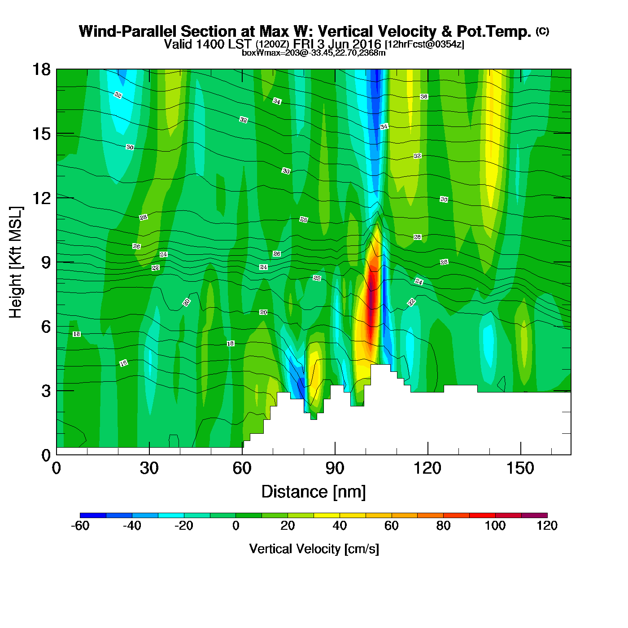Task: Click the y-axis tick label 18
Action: tap(41, 70)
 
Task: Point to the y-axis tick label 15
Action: tap(41, 134)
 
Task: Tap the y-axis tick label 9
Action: tap(46, 262)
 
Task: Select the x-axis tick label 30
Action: tap(149, 468)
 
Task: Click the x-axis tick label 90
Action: tap(335, 468)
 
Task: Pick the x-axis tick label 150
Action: tap(520, 468)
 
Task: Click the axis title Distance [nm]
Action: tap(314, 492)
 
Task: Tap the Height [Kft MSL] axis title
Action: tap(16, 262)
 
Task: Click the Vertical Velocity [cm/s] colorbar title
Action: tap(314, 549)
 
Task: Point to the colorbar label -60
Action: tap(80, 526)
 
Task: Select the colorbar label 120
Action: tap(547, 526)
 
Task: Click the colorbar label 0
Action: tap(236, 526)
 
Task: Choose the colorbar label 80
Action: tap(443, 526)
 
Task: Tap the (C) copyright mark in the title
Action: tap(542, 31)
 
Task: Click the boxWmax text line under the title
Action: tap(314, 52)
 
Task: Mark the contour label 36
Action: tap(424, 97)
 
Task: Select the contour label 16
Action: tap(123, 363)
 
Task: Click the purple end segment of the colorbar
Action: tap(534, 515)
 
